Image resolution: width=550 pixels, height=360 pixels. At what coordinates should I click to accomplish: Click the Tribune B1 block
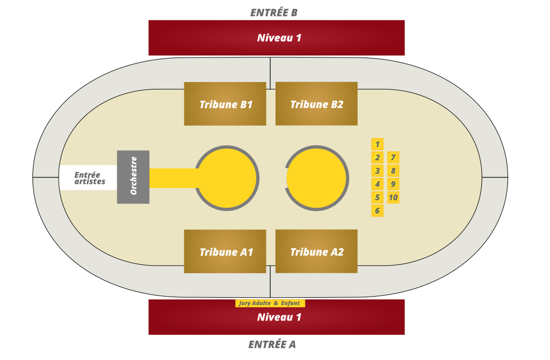pos(225,104)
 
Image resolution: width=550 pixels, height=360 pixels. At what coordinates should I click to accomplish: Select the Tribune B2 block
pos(317,104)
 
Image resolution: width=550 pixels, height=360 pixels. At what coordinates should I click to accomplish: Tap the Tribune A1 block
pos(225,251)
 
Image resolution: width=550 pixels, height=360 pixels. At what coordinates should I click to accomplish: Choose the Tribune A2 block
pos(317,251)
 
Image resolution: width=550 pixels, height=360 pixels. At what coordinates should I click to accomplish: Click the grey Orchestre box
pos(133,177)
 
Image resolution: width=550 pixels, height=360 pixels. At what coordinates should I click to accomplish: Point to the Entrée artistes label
pos(90,178)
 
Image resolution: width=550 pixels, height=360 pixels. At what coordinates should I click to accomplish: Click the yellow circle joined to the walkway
pos(227,178)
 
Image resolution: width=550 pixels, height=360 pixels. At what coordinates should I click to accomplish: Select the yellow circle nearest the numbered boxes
pos(317,178)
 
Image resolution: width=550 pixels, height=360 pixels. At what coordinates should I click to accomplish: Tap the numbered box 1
pos(377,144)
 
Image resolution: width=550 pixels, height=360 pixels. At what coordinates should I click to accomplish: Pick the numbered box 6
pos(377,211)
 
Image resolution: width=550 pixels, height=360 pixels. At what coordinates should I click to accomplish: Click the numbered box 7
pos(393,158)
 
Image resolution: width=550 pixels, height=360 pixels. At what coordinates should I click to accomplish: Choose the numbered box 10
pos(393,198)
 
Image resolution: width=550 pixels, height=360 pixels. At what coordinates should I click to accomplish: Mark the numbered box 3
pos(377,171)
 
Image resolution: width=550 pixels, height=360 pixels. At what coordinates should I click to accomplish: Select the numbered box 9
pos(393,184)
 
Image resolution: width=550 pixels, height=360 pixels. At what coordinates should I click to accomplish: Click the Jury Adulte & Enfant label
pos(270,303)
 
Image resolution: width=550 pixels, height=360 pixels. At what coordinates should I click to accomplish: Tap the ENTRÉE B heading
pos(274,13)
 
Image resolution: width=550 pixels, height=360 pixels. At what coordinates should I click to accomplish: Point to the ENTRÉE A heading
pos(272,345)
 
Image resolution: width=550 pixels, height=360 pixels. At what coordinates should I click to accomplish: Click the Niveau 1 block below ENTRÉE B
pos(277,38)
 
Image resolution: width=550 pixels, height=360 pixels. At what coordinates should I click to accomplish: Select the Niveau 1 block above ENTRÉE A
pos(277,317)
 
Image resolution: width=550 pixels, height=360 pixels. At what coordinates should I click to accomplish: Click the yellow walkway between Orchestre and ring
pos(173,178)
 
